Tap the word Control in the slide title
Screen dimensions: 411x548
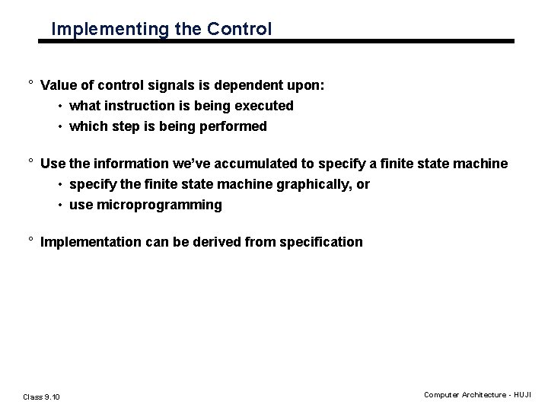[x=243, y=30]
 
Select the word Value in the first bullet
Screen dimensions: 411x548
[x=58, y=86]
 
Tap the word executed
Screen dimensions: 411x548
[x=265, y=106]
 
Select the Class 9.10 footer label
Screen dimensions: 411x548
[x=42, y=397]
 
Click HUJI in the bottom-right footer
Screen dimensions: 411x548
[x=523, y=394]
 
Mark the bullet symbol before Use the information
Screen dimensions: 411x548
[x=30, y=163]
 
